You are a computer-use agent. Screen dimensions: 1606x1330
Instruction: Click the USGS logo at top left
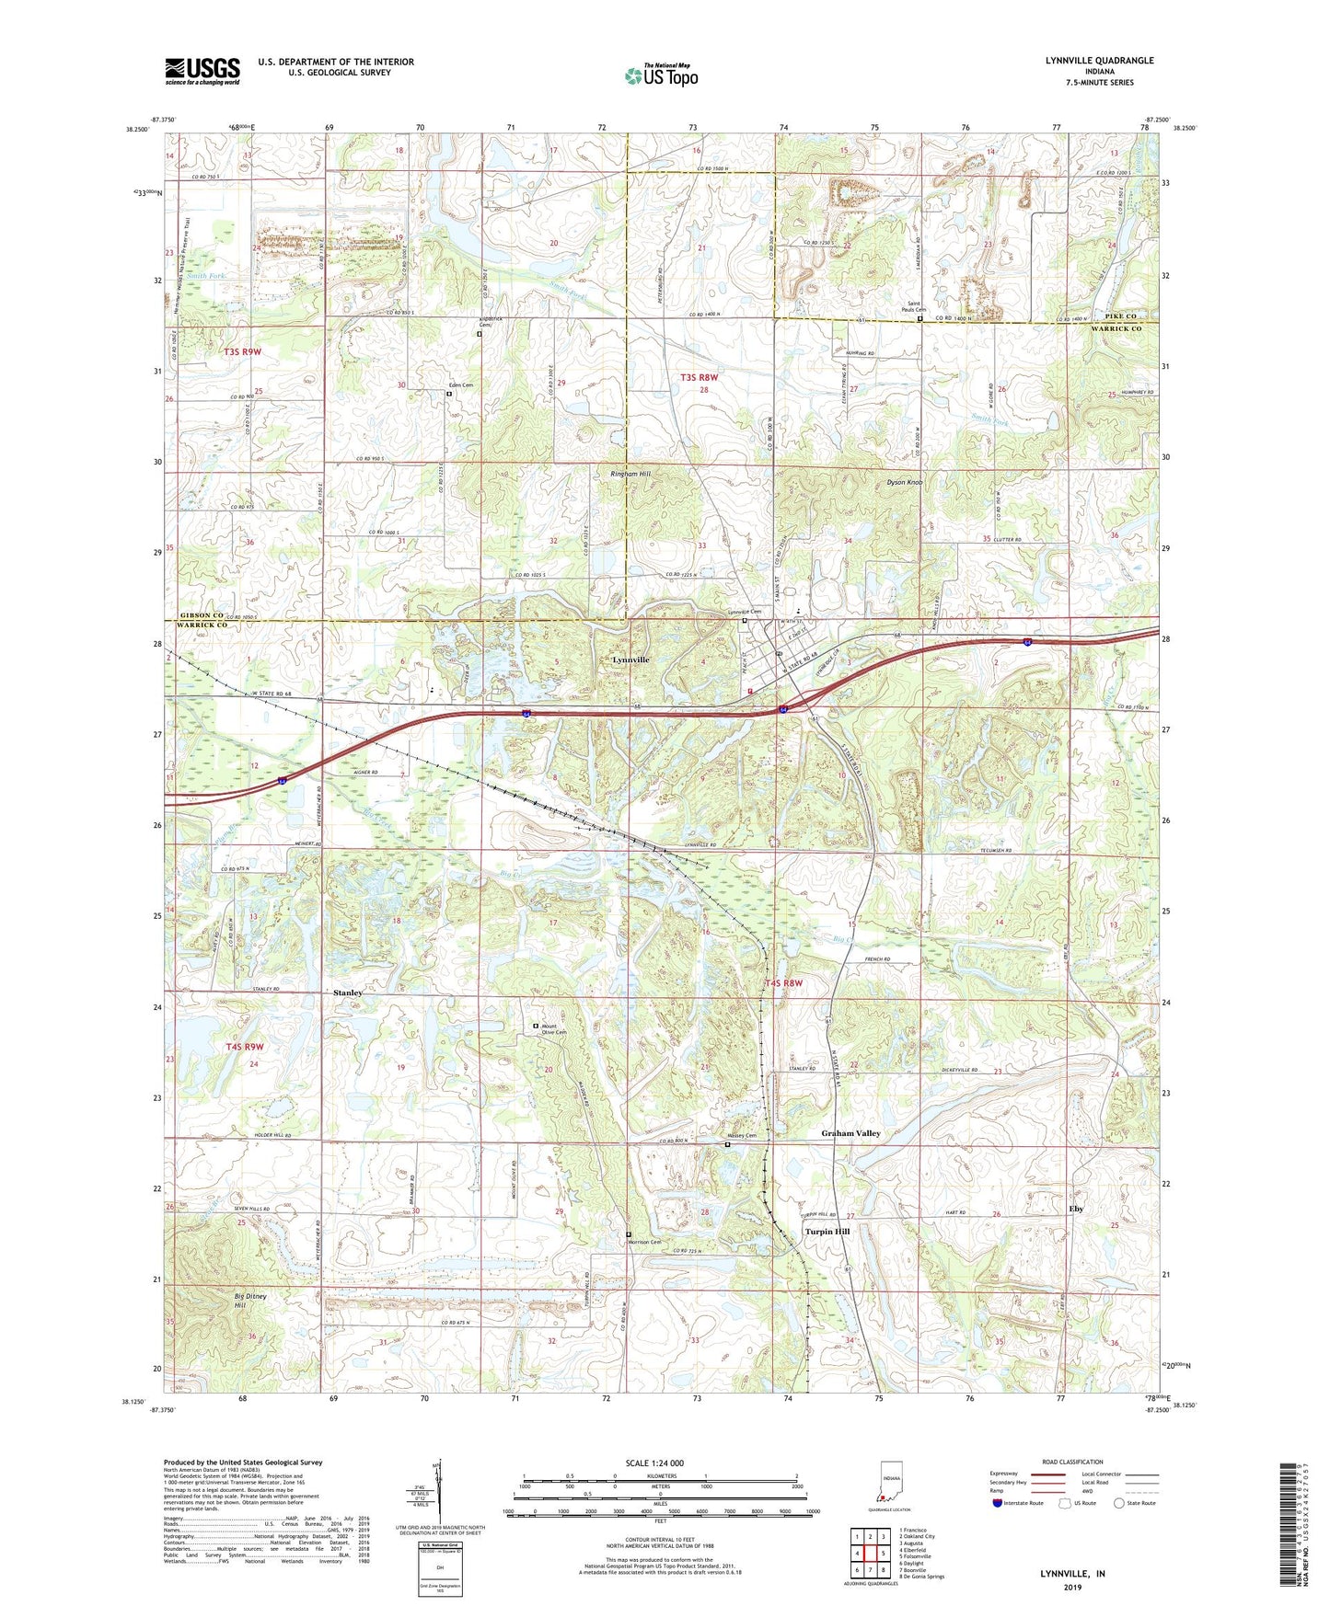click(202, 70)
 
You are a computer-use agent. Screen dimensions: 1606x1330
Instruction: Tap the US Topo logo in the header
click(661, 75)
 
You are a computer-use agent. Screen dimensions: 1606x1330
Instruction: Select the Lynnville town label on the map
click(630, 660)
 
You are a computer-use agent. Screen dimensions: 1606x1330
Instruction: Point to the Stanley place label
click(348, 992)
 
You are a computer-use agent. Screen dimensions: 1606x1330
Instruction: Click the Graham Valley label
click(850, 1133)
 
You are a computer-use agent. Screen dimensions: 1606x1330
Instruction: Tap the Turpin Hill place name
click(827, 1231)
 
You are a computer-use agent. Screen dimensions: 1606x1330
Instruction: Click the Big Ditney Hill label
click(239, 1300)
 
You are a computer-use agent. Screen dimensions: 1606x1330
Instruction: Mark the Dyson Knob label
click(904, 482)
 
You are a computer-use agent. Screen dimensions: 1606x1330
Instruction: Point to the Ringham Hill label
click(630, 474)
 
